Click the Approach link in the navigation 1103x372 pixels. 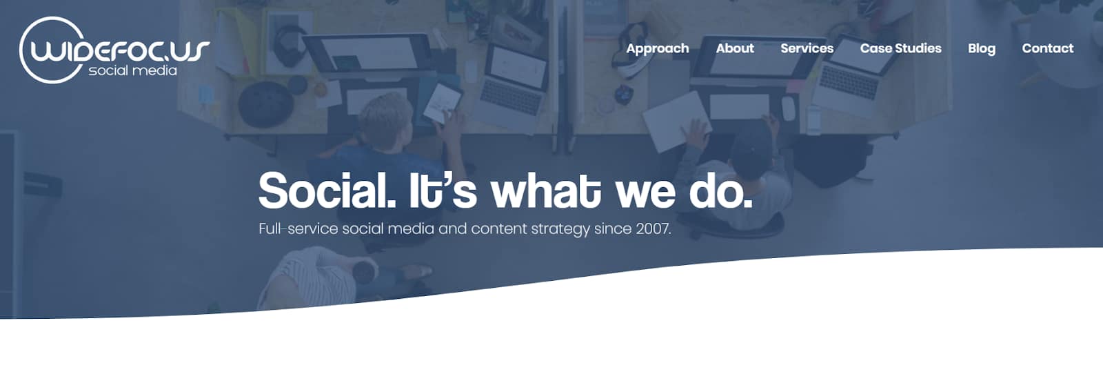point(658,49)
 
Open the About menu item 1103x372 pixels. point(735,48)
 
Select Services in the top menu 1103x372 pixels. point(807,48)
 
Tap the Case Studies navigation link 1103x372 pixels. point(900,48)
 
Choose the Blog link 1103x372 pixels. point(982,49)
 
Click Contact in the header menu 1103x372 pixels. point(1047,48)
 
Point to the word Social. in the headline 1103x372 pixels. point(327,190)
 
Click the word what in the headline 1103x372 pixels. point(545,190)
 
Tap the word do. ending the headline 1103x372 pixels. point(720,190)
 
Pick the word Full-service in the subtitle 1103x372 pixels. point(298,228)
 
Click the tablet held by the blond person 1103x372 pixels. point(442,103)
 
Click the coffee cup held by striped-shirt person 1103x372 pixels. point(365,271)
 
